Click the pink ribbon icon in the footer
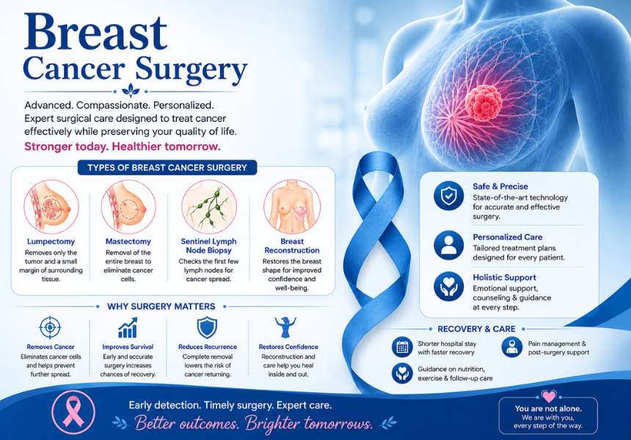(x=73, y=412)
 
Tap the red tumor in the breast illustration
(x=484, y=103)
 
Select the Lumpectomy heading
(x=51, y=241)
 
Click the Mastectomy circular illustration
(x=128, y=207)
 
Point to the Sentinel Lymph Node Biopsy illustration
(x=209, y=207)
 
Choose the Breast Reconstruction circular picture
(x=292, y=207)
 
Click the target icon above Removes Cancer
(x=50, y=327)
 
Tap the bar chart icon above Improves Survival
(x=128, y=327)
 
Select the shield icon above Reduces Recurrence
(x=207, y=327)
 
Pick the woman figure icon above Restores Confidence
(x=285, y=327)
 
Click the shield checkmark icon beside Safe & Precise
(x=449, y=196)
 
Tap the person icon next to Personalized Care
(x=449, y=246)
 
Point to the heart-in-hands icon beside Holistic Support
(x=449, y=286)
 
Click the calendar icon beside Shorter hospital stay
(x=402, y=347)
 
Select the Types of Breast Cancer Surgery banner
(x=167, y=168)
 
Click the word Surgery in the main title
(x=192, y=69)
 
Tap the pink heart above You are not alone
(x=549, y=396)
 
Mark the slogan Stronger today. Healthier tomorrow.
(x=123, y=147)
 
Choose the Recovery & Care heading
(x=476, y=329)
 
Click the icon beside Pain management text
(x=512, y=347)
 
